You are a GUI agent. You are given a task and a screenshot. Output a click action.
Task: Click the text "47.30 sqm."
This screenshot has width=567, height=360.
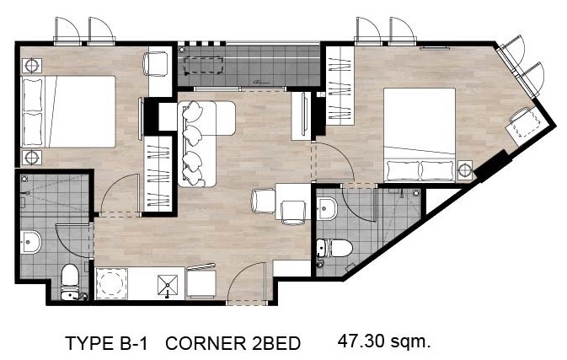(384, 341)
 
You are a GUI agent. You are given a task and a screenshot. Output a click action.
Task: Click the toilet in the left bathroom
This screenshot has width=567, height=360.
(69, 282)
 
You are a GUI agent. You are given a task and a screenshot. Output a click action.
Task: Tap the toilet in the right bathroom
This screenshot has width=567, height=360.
(334, 248)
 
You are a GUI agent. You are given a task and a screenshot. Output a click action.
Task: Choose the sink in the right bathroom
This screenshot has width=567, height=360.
(327, 209)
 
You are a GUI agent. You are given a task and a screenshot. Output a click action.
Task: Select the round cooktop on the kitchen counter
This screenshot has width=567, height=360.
(112, 283)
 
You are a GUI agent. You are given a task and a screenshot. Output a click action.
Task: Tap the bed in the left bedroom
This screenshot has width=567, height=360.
(69, 112)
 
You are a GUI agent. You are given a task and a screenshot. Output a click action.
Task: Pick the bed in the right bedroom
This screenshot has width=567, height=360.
(420, 135)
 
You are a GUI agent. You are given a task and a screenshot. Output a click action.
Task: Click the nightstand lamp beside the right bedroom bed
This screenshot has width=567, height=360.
(465, 169)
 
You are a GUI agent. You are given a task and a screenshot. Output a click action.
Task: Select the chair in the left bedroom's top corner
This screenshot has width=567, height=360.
(156, 64)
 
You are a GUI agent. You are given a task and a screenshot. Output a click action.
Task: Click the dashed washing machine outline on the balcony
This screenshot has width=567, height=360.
(204, 66)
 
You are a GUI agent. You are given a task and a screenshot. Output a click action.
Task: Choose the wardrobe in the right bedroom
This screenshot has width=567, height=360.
(340, 85)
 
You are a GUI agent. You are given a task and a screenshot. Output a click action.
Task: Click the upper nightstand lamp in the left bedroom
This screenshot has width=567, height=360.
(32, 66)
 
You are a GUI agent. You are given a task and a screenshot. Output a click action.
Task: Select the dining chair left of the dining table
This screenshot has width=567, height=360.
(264, 201)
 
